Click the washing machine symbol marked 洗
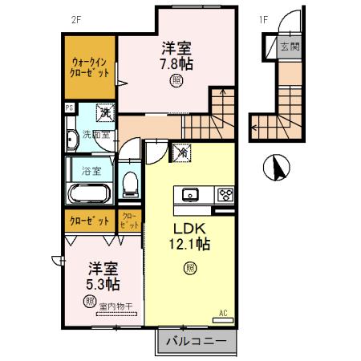tap(104, 113)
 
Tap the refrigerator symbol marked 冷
tap(182, 150)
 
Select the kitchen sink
tap(191, 194)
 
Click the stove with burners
tap(225, 194)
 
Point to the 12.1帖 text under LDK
tap(191, 241)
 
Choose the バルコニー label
tap(196, 343)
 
